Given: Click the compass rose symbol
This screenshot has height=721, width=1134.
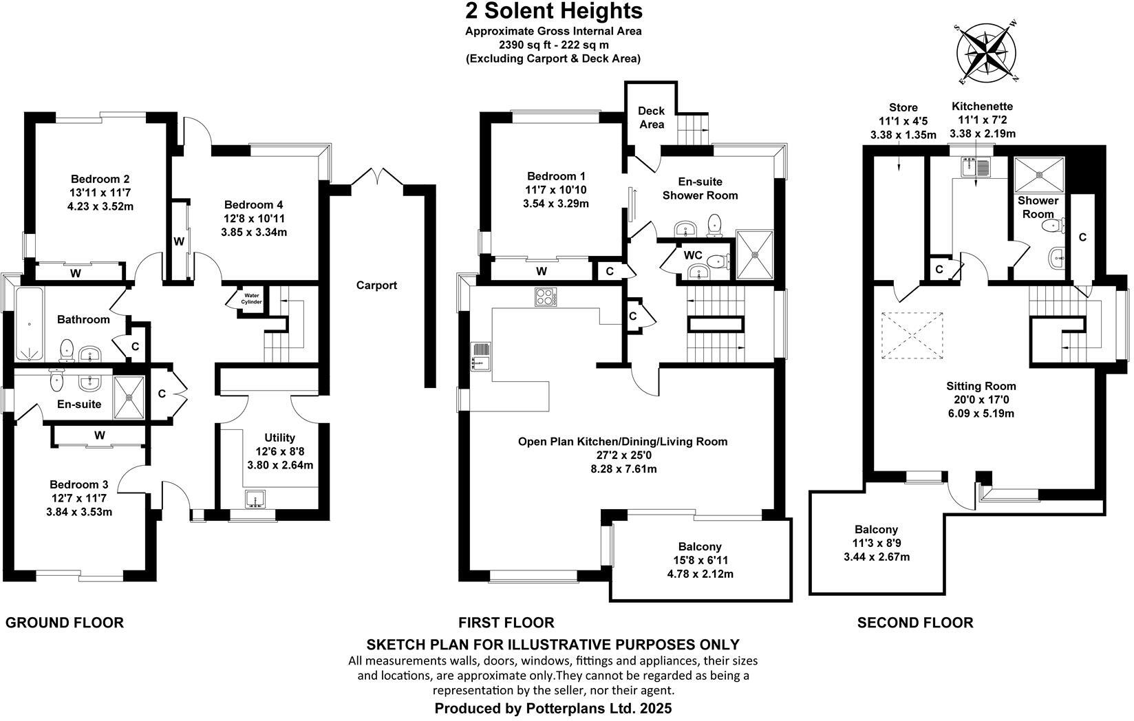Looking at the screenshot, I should coord(987,54).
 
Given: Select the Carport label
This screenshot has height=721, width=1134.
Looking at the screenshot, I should coord(376,286).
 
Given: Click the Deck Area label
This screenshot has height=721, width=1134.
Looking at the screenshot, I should coord(651,118).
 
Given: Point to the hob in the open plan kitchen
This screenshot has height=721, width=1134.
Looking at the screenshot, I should coord(545,297).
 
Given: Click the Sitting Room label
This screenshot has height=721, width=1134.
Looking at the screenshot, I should coord(981,386).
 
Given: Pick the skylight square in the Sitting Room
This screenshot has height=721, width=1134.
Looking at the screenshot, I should coord(912,335).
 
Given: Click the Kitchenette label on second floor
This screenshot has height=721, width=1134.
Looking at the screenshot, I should coord(982,107).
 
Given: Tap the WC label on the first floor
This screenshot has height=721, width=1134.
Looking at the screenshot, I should coord(692,255).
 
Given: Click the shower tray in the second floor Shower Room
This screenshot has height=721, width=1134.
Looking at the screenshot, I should coord(1039,175).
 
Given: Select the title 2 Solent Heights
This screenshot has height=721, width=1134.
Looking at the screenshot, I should coord(553,11).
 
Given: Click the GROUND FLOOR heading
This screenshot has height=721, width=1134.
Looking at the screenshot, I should coord(65,623).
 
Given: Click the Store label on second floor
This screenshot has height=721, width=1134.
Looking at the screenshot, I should coord(903,107).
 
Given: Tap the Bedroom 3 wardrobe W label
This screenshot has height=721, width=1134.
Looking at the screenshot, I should coord(100,435).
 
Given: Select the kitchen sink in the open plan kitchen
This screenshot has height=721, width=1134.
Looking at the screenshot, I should coord(480,356).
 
